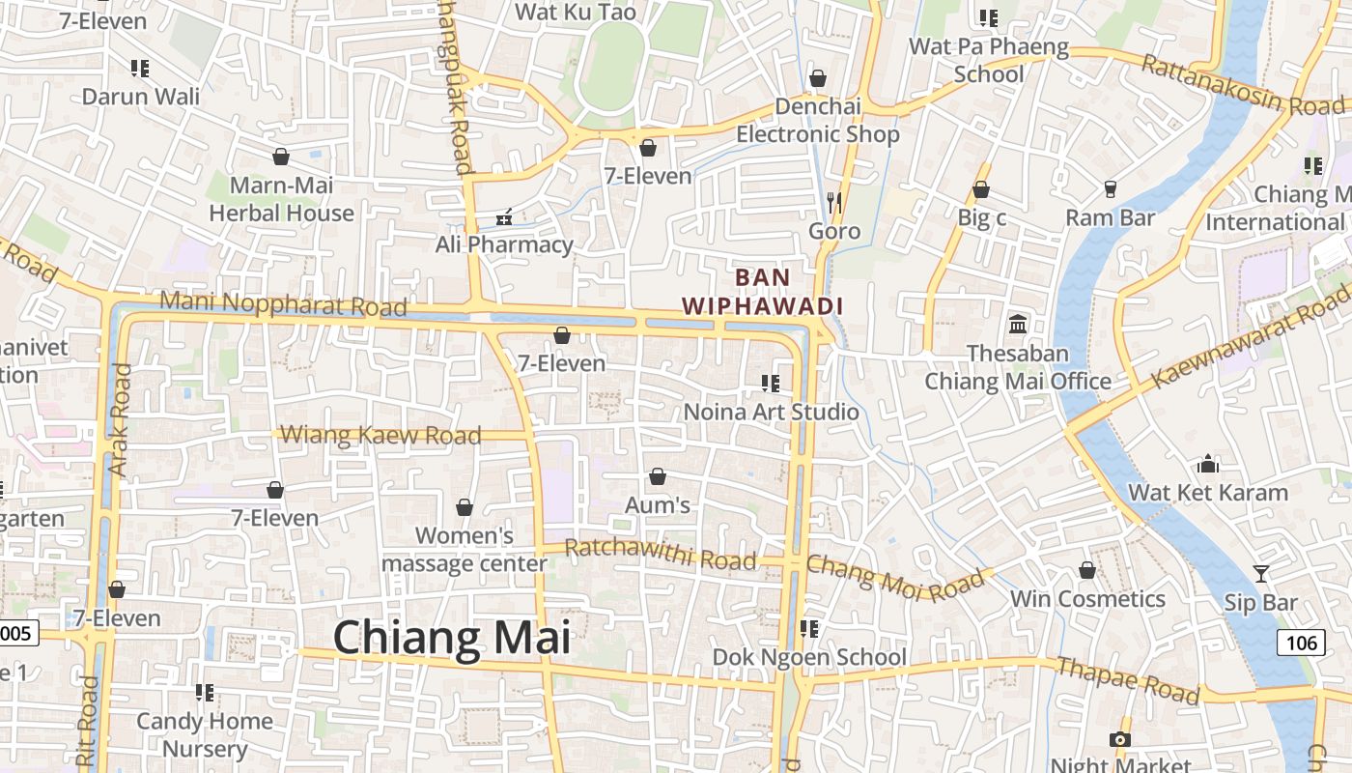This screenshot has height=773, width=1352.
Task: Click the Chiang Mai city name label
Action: coord(452,639)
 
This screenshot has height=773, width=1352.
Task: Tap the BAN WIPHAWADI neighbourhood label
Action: coord(763,292)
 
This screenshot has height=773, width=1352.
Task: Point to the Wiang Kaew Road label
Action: coord(380,435)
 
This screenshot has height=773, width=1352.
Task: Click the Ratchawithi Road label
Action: coord(660,554)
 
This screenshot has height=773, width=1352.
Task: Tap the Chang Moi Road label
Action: coord(899,577)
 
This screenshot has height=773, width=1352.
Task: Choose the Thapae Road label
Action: coord(1128,680)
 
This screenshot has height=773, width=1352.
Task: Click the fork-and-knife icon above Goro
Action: coord(834,202)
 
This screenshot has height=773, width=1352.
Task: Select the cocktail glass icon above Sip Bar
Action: coord(1261,574)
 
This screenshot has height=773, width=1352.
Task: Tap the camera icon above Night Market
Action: coord(1120,739)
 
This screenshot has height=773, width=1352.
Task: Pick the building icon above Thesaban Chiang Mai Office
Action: coord(1018,324)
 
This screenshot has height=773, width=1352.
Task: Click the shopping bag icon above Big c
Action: coord(981,189)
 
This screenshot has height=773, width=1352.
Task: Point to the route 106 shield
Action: coord(1301,642)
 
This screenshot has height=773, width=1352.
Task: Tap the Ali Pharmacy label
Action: coord(504,244)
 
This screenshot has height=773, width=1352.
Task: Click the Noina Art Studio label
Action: coord(771,412)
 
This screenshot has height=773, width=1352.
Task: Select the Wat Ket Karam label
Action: coord(1208,492)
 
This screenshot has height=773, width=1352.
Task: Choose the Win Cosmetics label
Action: coord(1087,599)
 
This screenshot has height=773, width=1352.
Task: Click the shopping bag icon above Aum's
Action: coord(658,476)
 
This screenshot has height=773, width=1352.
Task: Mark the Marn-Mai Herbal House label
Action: coord(282,199)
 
